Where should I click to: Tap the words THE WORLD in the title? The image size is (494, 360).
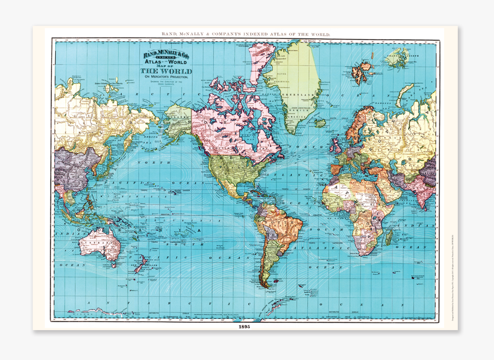pyautogui.click(x=166, y=71)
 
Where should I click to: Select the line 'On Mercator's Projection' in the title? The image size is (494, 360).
pyautogui.click(x=166, y=77)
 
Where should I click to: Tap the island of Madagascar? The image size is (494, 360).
pyautogui.click(x=390, y=234)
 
